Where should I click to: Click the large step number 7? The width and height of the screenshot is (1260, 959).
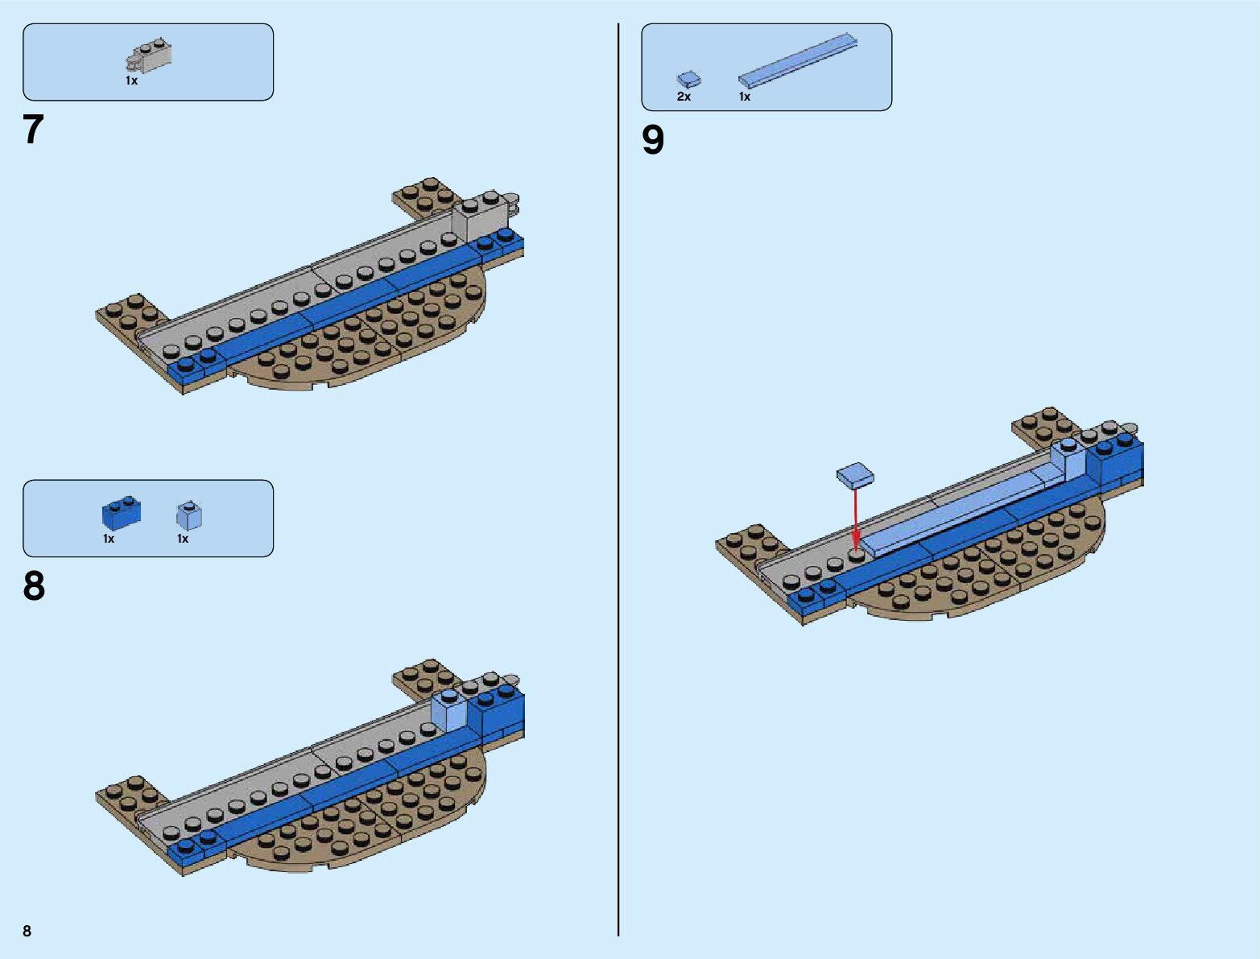[x=32, y=130]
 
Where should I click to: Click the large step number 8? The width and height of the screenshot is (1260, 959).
[x=34, y=586]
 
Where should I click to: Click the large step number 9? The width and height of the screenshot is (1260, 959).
[x=653, y=140]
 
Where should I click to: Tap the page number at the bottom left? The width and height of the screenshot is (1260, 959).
[x=27, y=931]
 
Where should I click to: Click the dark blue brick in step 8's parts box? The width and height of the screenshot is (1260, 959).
[x=122, y=512]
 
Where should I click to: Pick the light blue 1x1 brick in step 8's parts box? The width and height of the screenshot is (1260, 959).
[x=189, y=515]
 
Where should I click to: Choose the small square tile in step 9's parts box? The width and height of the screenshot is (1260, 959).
[x=688, y=79]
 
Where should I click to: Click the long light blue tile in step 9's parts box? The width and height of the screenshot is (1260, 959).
[x=797, y=60]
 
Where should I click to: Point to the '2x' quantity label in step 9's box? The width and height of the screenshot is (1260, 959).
[x=684, y=97]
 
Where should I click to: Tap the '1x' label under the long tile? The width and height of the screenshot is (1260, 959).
[x=745, y=97]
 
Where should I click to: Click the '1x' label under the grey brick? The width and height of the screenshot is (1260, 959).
[x=131, y=81]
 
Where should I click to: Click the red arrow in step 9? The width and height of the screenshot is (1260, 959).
[x=856, y=515]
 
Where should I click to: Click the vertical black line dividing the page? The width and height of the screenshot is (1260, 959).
[x=618, y=483]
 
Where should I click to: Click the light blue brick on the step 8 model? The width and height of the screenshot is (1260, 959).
[x=449, y=710]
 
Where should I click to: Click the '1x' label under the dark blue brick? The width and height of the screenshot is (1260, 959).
[x=109, y=539]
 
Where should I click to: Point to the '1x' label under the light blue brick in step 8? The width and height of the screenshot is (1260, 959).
[x=183, y=539]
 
